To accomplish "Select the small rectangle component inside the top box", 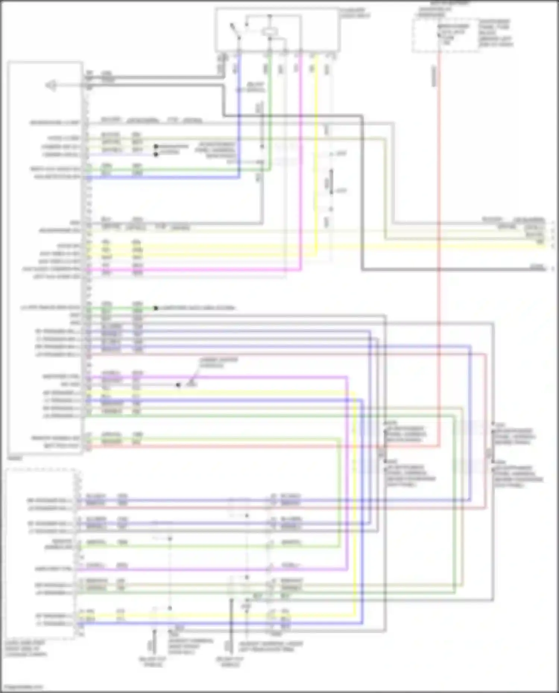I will (x=269, y=32).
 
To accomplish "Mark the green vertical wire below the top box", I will (x=270, y=112).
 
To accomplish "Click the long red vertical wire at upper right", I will (x=440, y=223).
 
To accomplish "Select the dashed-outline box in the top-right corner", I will (x=445, y=35).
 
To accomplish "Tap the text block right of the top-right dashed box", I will (x=496, y=34).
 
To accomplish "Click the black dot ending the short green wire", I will (x=156, y=308).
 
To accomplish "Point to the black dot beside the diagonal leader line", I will (x=178, y=385).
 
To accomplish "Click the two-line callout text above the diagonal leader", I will (x=213, y=363).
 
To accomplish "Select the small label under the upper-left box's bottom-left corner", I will (x=15, y=458).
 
